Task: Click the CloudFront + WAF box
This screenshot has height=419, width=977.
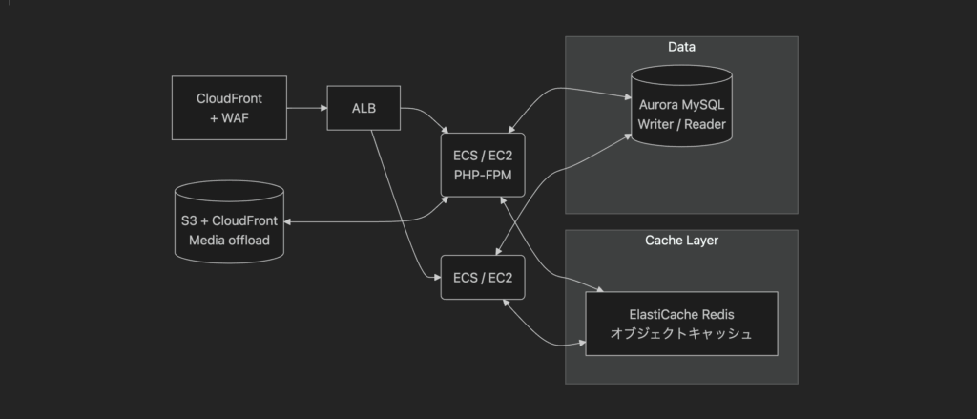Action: click(x=229, y=108)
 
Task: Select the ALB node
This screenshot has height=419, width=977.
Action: click(x=364, y=108)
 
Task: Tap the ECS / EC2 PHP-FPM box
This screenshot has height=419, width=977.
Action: click(x=483, y=165)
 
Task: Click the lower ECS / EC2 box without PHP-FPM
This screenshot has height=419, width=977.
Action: click(x=483, y=278)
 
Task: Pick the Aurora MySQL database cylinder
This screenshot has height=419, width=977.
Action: click(x=681, y=106)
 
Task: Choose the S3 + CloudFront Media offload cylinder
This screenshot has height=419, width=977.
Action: click(x=229, y=222)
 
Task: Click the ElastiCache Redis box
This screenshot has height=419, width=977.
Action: click(x=681, y=324)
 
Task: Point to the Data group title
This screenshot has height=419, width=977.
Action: click(x=681, y=47)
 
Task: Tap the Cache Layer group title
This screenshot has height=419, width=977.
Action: click(x=681, y=241)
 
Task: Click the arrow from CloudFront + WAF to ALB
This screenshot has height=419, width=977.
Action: click(x=307, y=108)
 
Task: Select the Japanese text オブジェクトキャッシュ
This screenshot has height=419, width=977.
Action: click(x=681, y=334)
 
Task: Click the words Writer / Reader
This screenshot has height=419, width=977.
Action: click(x=681, y=124)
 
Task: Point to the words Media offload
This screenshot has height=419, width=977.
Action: click(x=229, y=241)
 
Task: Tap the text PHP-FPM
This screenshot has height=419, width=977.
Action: click(x=483, y=176)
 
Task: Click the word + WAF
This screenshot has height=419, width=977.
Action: click(x=229, y=117)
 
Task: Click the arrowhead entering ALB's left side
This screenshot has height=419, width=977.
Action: click(x=324, y=108)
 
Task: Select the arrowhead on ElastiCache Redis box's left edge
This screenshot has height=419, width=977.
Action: click(x=582, y=343)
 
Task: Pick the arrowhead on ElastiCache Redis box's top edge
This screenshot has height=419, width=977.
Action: click(x=600, y=289)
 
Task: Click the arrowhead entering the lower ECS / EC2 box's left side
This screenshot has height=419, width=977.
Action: click(x=437, y=278)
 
